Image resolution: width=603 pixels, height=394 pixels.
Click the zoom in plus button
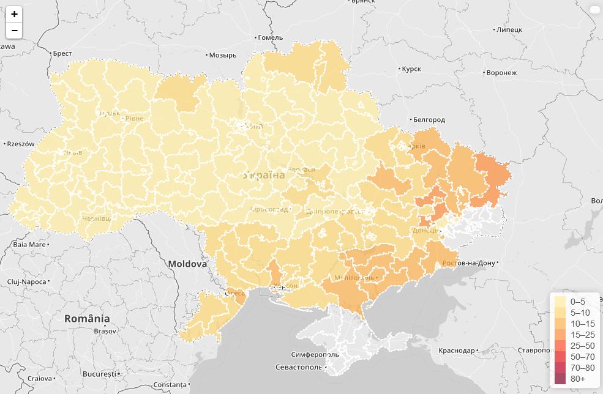14,13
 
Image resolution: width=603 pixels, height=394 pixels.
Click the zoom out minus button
14,30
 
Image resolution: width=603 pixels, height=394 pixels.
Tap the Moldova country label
187,264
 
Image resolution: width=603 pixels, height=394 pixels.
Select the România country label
87,319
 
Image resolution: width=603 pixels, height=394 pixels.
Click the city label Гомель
270,37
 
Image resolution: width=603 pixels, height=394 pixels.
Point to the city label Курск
411,69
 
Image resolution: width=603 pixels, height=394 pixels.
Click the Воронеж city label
501,73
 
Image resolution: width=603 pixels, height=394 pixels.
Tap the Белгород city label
429,120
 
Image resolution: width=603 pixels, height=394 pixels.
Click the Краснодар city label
457,351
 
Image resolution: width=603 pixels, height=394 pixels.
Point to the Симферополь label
315,354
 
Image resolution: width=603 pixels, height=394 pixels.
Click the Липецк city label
509,29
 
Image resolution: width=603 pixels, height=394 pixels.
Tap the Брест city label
62,54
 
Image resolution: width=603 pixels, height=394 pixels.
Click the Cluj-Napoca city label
26,281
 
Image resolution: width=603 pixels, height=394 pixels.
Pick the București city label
99,373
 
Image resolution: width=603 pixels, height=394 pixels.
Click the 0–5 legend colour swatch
560,302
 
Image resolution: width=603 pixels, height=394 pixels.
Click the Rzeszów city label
20,144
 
